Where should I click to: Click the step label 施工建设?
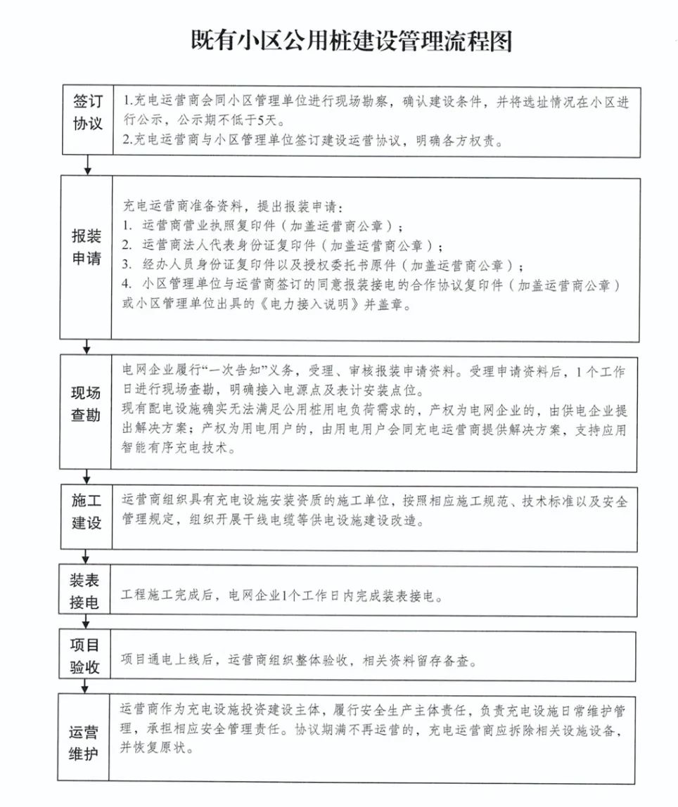[87, 511]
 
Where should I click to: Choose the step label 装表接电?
[84, 591]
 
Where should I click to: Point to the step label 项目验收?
[85, 655]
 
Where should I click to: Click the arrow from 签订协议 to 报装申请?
[88, 165]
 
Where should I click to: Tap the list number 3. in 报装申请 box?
[127, 266]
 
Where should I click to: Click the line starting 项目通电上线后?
[299, 661]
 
